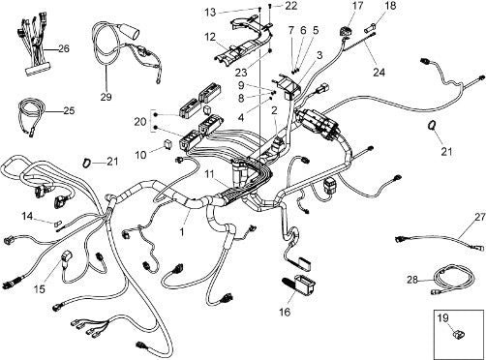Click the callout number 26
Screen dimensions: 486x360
pos(64,48)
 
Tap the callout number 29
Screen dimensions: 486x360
pos(106,97)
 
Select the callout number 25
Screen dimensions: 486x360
pos(69,110)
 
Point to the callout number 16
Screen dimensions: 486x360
pos(286,312)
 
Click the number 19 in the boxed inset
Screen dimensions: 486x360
pos(443,318)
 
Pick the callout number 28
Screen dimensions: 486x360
pos(412,280)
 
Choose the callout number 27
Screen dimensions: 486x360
pos(480,217)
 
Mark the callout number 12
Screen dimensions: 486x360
pos(210,37)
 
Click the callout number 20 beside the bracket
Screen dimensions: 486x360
pos(140,122)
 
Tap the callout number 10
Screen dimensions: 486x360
pos(140,155)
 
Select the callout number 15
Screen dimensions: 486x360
pos(40,289)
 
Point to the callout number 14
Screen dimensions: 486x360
pos(27,216)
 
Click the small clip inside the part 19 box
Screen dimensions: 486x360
pos(459,333)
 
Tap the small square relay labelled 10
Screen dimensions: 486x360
pos(167,141)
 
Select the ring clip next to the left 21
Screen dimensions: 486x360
pos(87,163)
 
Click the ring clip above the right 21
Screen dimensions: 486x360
pos(432,125)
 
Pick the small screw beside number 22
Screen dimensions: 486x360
pos(270,6)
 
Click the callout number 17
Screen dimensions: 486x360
pos(358,6)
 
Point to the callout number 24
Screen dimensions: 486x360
pos(379,72)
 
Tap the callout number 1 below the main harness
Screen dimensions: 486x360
pos(182,231)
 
